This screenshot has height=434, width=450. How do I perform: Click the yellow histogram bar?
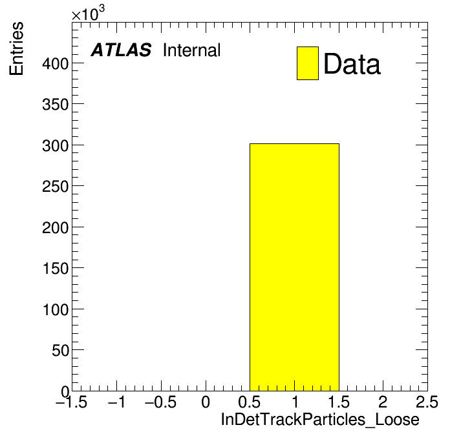pyautogui.click(x=294, y=267)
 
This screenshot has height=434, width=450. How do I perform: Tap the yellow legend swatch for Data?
pyautogui.click(x=308, y=63)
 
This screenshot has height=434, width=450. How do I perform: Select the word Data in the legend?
pyautogui.click(x=352, y=64)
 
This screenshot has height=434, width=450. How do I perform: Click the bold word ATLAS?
pyautogui.click(x=121, y=50)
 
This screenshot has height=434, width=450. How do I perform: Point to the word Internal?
pyautogui.click(x=192, y=50)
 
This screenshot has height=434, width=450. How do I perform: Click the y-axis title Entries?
pyautogui.click(x=16, y=48)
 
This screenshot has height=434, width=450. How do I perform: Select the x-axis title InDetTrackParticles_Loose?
pyautogui.click(x=320, y=419)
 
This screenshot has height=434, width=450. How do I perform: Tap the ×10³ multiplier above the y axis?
pyautogui.click(x=88, y=13)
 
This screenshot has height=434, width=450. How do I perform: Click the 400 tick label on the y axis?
pyautogui.click(x=56, y=64)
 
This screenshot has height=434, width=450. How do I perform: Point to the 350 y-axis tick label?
pyautogui.click(x=56, y=105)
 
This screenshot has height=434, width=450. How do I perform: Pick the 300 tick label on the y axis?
pyautogui.click(x=56, y=146)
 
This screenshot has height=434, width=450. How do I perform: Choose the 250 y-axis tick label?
pyautogui.click(x=56, y=187)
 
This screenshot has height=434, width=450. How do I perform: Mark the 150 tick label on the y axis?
pyautogui.click(x=56, y=269)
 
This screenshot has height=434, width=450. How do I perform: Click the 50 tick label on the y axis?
pyautogui.click(x=61, y=351)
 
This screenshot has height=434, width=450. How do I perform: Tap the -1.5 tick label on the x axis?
pyautogui.click(x=71, y=402)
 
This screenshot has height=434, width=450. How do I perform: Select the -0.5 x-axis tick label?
pyautogui.click(x=160, y=402)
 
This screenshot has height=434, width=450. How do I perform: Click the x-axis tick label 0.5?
pyautogui.click(x=250, y=402)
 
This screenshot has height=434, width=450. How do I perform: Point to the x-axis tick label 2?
pyautogui.click(x=383, y=402)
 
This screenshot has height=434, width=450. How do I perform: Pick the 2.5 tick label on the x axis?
pyautogui.click(x=427, y=402)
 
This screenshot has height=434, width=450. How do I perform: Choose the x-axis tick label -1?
pyautogui.click(x=116, y=402)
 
